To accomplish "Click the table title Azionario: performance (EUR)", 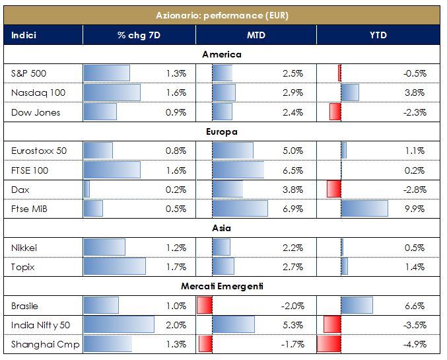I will (222, 15).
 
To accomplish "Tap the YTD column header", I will (378, 34).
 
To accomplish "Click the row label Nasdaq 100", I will (36, 93).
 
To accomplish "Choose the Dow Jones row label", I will (36, 112).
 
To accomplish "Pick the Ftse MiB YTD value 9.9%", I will (415, 209).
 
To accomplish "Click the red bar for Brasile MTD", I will (205, 306).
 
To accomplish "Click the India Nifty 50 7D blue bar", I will (119, 325).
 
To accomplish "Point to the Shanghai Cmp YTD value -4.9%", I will (413, 344).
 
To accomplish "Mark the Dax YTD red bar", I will (333, 190).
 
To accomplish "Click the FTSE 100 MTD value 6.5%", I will (292, 170).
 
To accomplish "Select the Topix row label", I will (24, 267).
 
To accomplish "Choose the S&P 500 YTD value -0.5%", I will (413, 73).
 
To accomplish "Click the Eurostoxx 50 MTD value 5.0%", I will (292, 151).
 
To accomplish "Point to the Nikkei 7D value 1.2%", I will (176, 248).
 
